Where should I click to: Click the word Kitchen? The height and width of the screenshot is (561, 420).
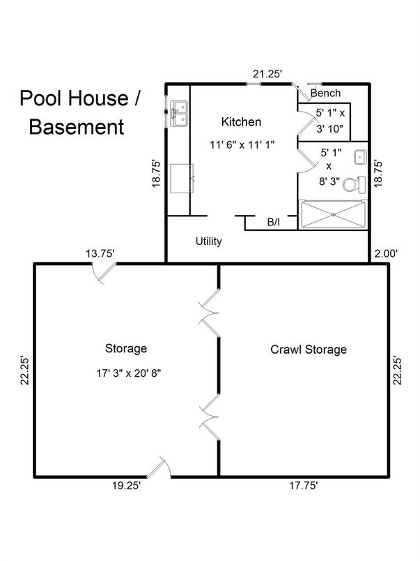click(241, 122)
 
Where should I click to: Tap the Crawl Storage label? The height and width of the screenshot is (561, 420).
click(308, 349)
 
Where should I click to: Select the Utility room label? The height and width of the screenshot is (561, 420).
click(208, 241)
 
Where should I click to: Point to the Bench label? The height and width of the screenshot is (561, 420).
click(325, 93)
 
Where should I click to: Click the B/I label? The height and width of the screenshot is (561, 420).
click(274, 223)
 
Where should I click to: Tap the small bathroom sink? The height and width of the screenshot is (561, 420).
click(360, 157)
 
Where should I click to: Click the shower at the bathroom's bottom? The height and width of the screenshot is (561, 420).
click(332, 214)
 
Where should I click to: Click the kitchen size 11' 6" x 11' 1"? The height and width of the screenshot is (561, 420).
click(241, 145)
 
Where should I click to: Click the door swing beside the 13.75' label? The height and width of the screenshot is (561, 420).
click(102, 275)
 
